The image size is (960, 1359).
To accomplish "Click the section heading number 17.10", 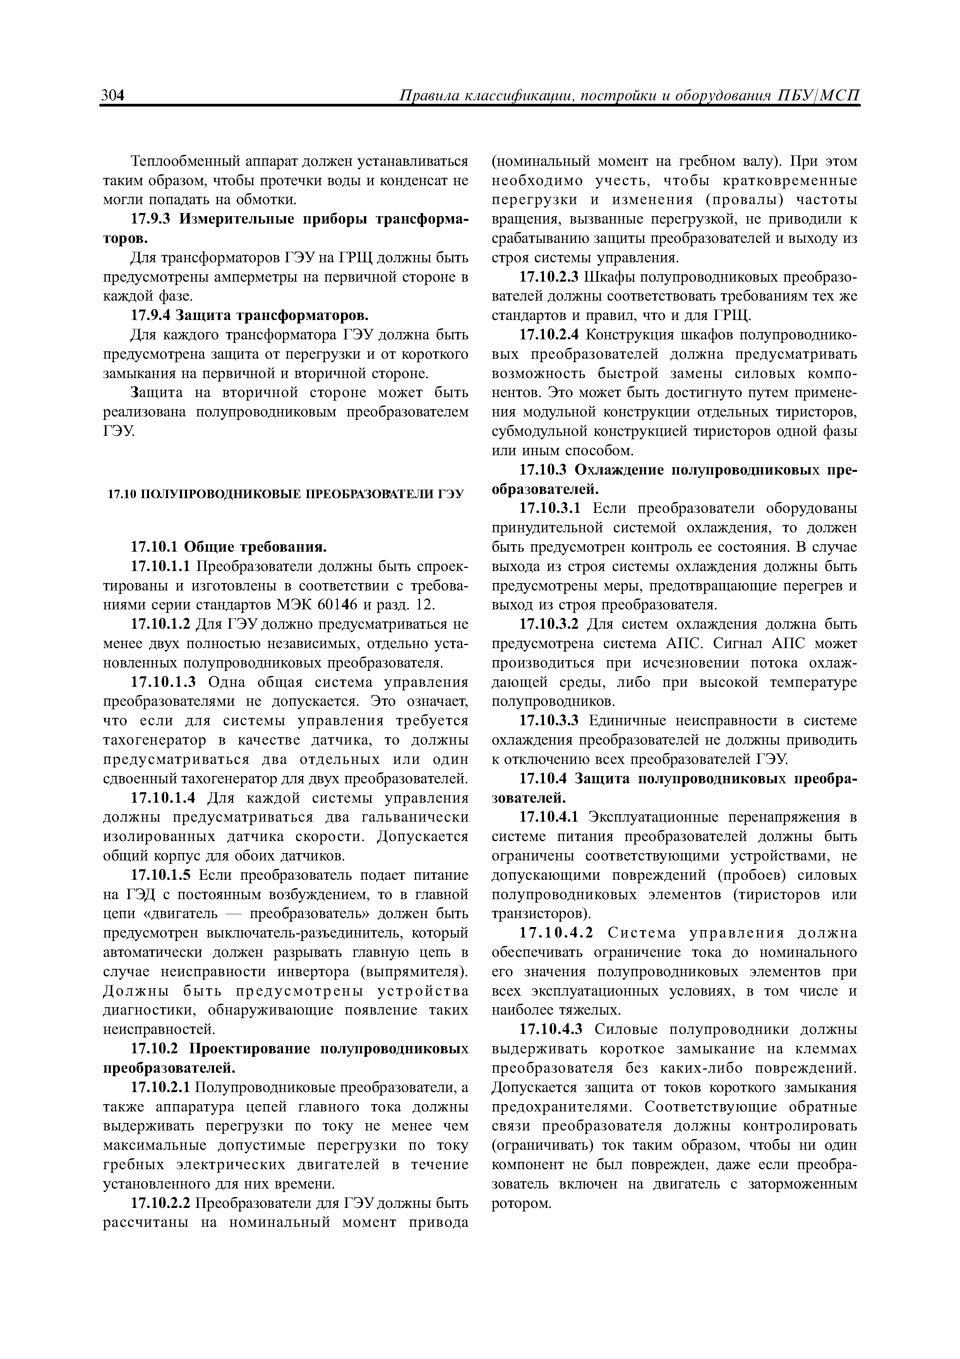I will [120, 492].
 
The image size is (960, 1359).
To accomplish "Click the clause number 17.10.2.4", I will [550, 335].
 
